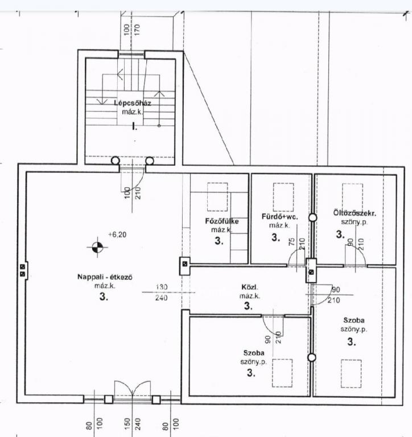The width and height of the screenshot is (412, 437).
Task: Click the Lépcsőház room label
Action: (x=133, y=103)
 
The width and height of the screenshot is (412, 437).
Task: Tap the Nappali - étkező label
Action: (x=105, y=277)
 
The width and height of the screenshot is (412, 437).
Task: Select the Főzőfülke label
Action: (x=222, y=221)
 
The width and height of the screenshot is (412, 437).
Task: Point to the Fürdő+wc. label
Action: (x=279, y=217)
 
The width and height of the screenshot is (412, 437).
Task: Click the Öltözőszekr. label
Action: (x=355, y=213)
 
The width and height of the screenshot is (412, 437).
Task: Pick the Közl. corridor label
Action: (x=250, y=287)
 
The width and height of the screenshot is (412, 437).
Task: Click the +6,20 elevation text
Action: (x=117, y=234)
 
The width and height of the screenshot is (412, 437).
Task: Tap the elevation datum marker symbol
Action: (x=97, y=247)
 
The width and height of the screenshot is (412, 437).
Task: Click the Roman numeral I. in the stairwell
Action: (x=135, y=127)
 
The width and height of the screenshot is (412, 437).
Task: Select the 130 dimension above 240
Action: (x=162, y=287)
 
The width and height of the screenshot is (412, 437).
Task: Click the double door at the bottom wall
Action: (x=133, y=391)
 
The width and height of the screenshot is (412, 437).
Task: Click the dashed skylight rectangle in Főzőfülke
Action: (x=217, y=197)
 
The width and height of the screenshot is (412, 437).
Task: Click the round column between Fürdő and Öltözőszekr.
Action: (x=313, y=218)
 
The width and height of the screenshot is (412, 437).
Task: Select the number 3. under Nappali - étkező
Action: (x=104, y=296)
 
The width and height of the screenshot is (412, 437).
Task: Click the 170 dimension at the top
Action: (x=137, y=30)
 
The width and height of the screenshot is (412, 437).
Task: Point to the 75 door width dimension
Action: (x=291, y=241)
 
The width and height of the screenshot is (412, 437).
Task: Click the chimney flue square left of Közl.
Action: (x=184, y=263)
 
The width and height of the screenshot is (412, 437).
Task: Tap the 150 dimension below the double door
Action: (x=127, y=424)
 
